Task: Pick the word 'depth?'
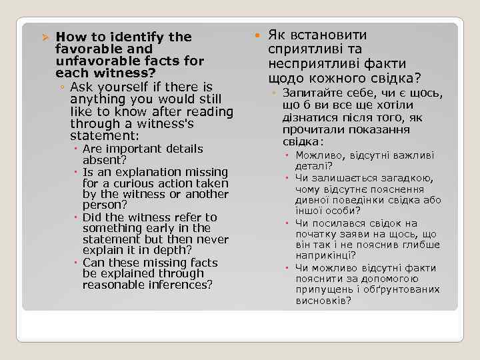pos(171,251)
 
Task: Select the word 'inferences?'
pos(181,285)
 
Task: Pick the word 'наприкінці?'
pos(325,255)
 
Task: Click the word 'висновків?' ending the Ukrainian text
pos(323,301)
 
